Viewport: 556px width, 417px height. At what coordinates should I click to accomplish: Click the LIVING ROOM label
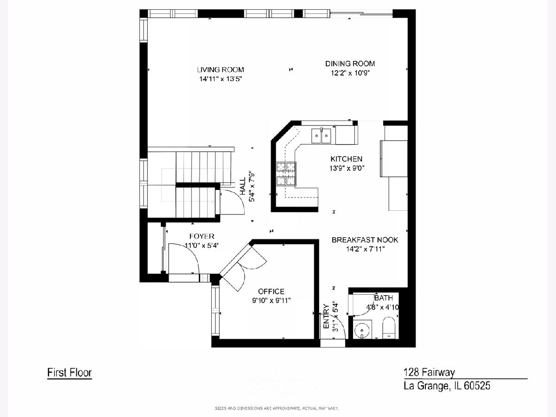coord(221,69)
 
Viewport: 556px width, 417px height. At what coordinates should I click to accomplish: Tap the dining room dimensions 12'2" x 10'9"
coord(350,73)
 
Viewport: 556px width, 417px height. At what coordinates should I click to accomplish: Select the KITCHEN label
coord(346,159)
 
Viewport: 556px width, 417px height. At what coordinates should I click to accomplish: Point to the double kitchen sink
coord(321,136)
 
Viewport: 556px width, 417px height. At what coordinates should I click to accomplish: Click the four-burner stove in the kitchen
coord(286,174)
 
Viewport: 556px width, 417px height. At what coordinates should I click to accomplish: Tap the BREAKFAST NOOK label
coord(365,240)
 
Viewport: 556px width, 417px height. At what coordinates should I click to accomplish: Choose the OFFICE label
coord(271,291)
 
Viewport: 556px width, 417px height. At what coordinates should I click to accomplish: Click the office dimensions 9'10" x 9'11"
coord(271,301)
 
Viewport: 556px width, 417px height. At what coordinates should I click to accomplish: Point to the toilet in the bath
coord(389,328)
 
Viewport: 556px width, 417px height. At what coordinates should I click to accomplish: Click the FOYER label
coord(202,236)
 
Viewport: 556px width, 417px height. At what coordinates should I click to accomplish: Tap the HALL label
coord(243,186)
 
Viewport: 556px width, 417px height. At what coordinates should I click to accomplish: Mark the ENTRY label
coord(326,316)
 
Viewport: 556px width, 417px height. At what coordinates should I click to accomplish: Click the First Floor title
coord(69,373)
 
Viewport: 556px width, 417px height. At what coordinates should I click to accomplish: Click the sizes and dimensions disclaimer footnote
coord(277,408)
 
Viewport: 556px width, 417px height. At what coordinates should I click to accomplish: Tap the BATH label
coord(384,298)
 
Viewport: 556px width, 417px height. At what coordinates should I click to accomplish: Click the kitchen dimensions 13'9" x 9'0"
coord(347,168)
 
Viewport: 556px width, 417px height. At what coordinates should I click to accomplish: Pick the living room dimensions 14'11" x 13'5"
coord(221,79)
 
